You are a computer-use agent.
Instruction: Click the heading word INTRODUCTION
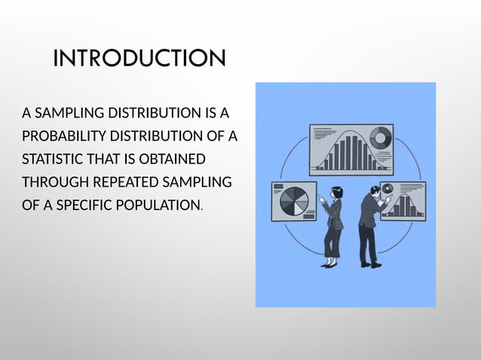point(139,58)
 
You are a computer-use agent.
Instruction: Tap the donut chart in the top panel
point(380,139)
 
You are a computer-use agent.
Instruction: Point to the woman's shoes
point(329,263)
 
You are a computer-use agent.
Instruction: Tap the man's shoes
point(369,264)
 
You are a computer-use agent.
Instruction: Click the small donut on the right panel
point(388,188)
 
